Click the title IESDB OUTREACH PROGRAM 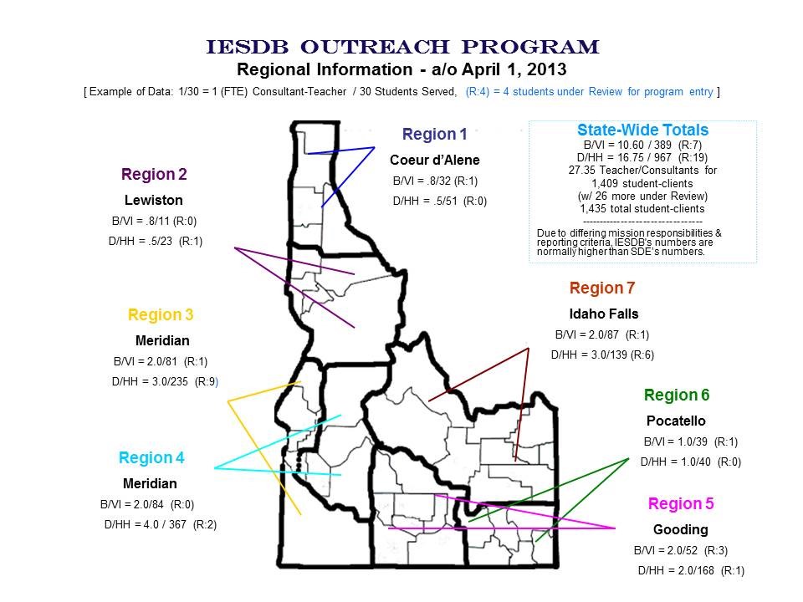click(402, 47)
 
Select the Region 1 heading click(434, 134)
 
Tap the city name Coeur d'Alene click(435, 161)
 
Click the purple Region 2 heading click(154, 174)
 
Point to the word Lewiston click(154, 200)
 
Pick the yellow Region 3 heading click(161, 314)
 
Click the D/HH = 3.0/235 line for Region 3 click(165, 381)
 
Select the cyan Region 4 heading click(151, 457)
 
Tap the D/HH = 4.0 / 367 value click(161, 525)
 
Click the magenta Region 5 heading click(681, 503)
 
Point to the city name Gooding click(681, 530)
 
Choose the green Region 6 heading click(677, 395)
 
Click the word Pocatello click(676, 421)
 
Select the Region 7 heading click(602, 288)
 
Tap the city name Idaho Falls click(604, 314)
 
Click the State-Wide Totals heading click(642, 130)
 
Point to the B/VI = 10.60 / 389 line click(642, 145)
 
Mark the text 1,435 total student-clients click(642, 209)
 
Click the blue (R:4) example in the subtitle click(478, 92)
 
